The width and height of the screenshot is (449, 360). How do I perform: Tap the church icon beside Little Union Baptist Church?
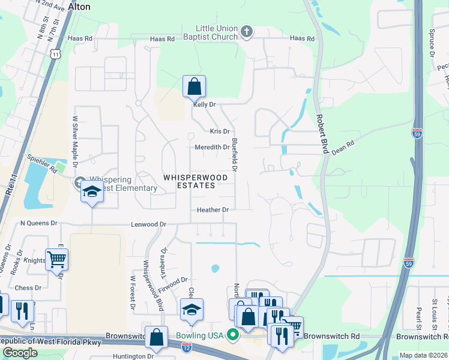point(246,31)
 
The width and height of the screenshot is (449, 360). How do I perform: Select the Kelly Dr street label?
point(204,104)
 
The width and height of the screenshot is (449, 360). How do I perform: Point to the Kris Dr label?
point(220,131)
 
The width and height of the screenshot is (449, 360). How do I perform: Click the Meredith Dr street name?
point(212,148)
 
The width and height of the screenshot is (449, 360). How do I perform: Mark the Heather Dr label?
point(213,210)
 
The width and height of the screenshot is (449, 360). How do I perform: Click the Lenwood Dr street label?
point(149,224)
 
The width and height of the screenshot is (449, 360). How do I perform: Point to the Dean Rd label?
point(343,148)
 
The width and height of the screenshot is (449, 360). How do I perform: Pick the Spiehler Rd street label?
point(41,163)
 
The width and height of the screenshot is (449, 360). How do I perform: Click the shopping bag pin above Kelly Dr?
point(194,86)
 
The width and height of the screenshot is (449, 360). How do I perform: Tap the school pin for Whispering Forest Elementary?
point(91,191)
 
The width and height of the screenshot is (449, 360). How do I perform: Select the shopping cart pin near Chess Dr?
point(56,260)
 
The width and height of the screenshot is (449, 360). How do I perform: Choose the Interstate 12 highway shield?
point(188,346)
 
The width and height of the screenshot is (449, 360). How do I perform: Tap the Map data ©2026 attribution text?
point(423,355)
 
